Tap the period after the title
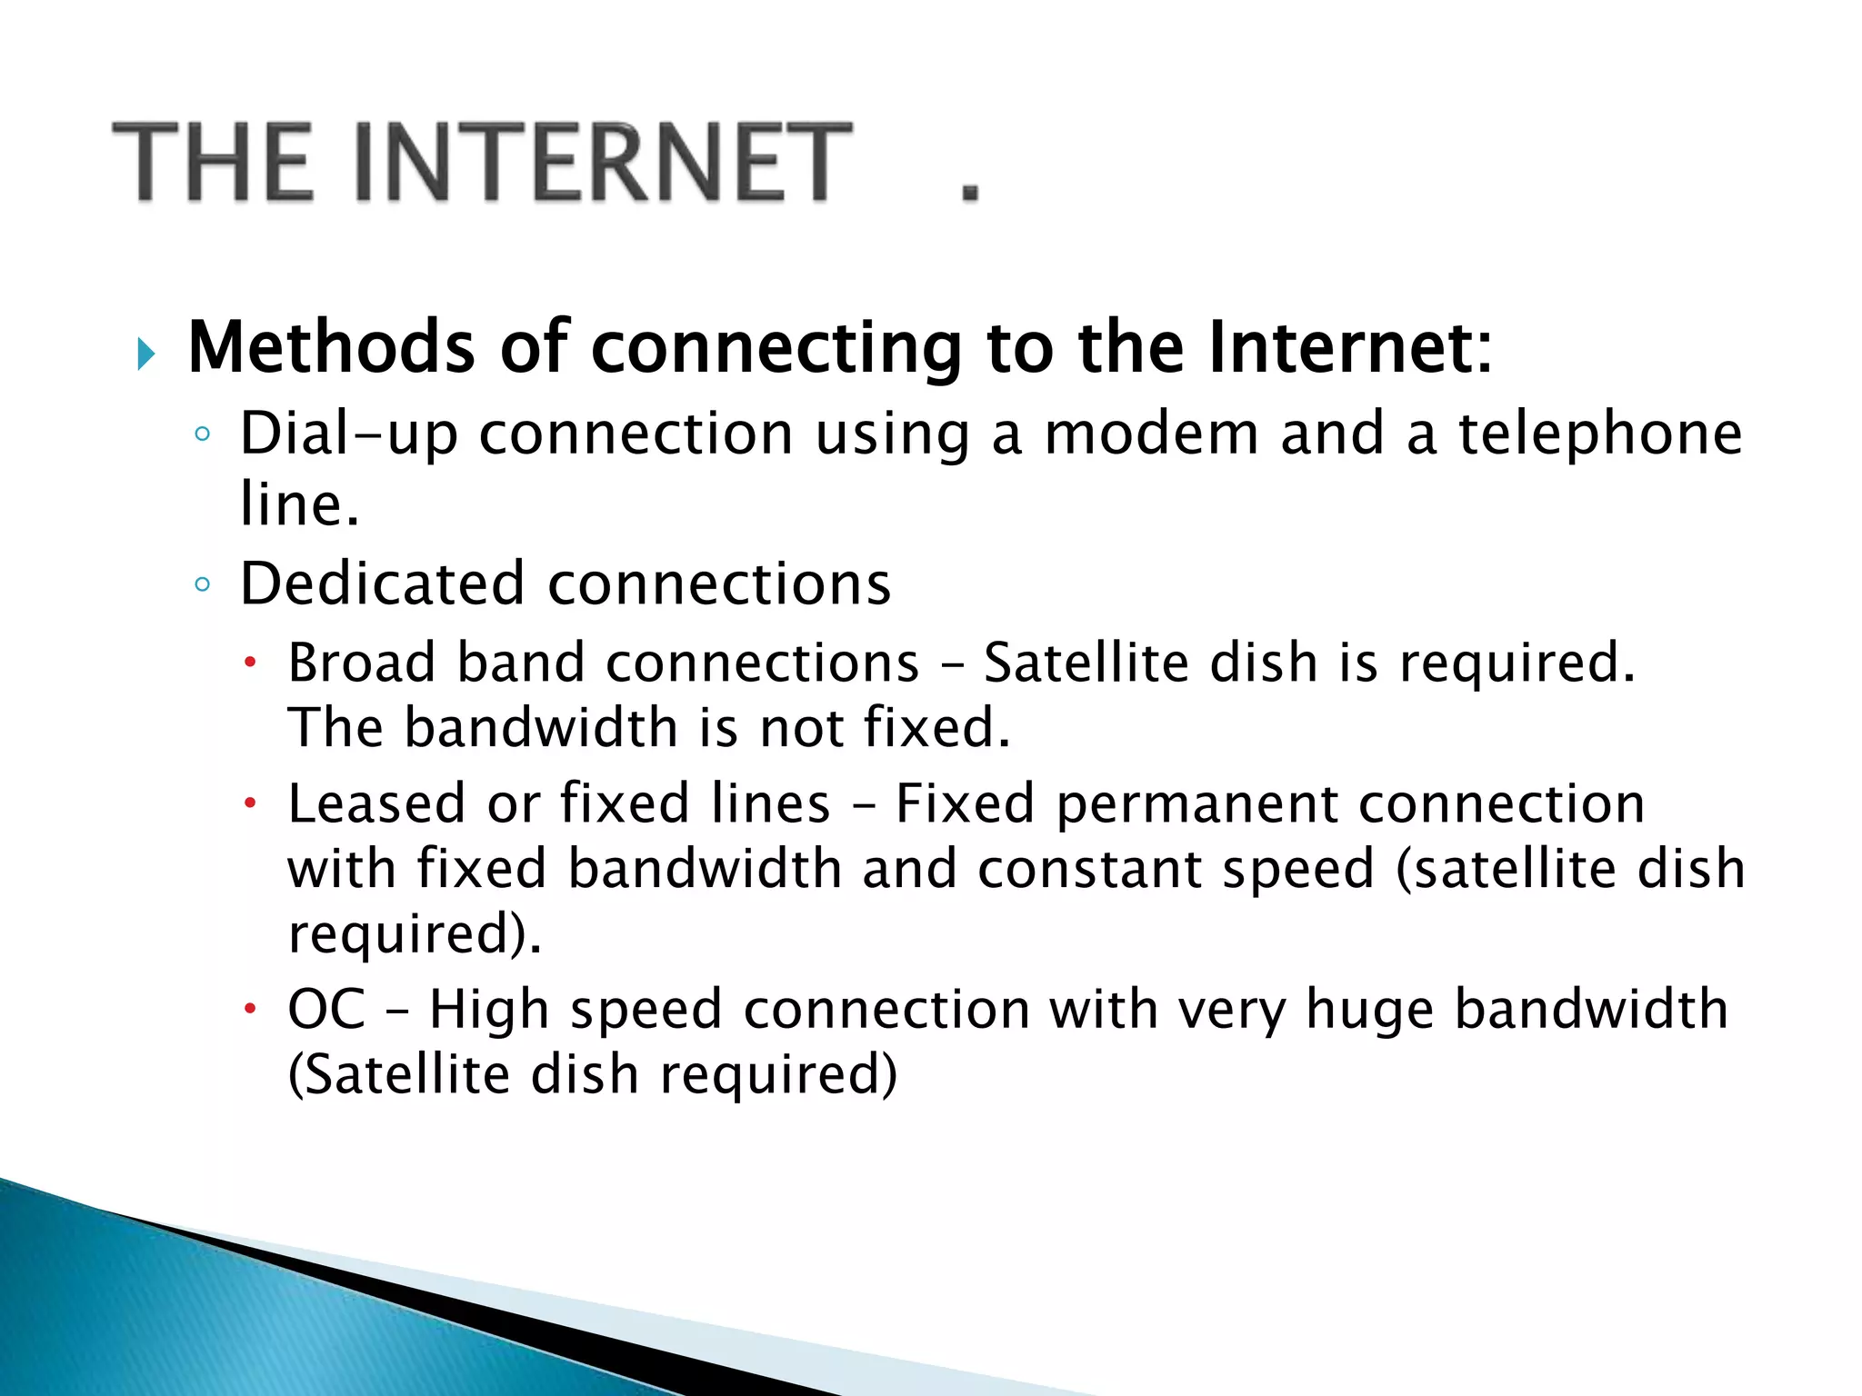pos(970,192)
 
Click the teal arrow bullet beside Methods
pos(145,353)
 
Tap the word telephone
pos(1600,434)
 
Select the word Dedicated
pos(383,583)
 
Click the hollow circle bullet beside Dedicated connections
pos(202,584)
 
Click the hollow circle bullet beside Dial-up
pos(202,434)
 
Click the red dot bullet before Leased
pos(250,803)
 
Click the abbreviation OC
pos(326,1009)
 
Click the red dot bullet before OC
pos(250,1009)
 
